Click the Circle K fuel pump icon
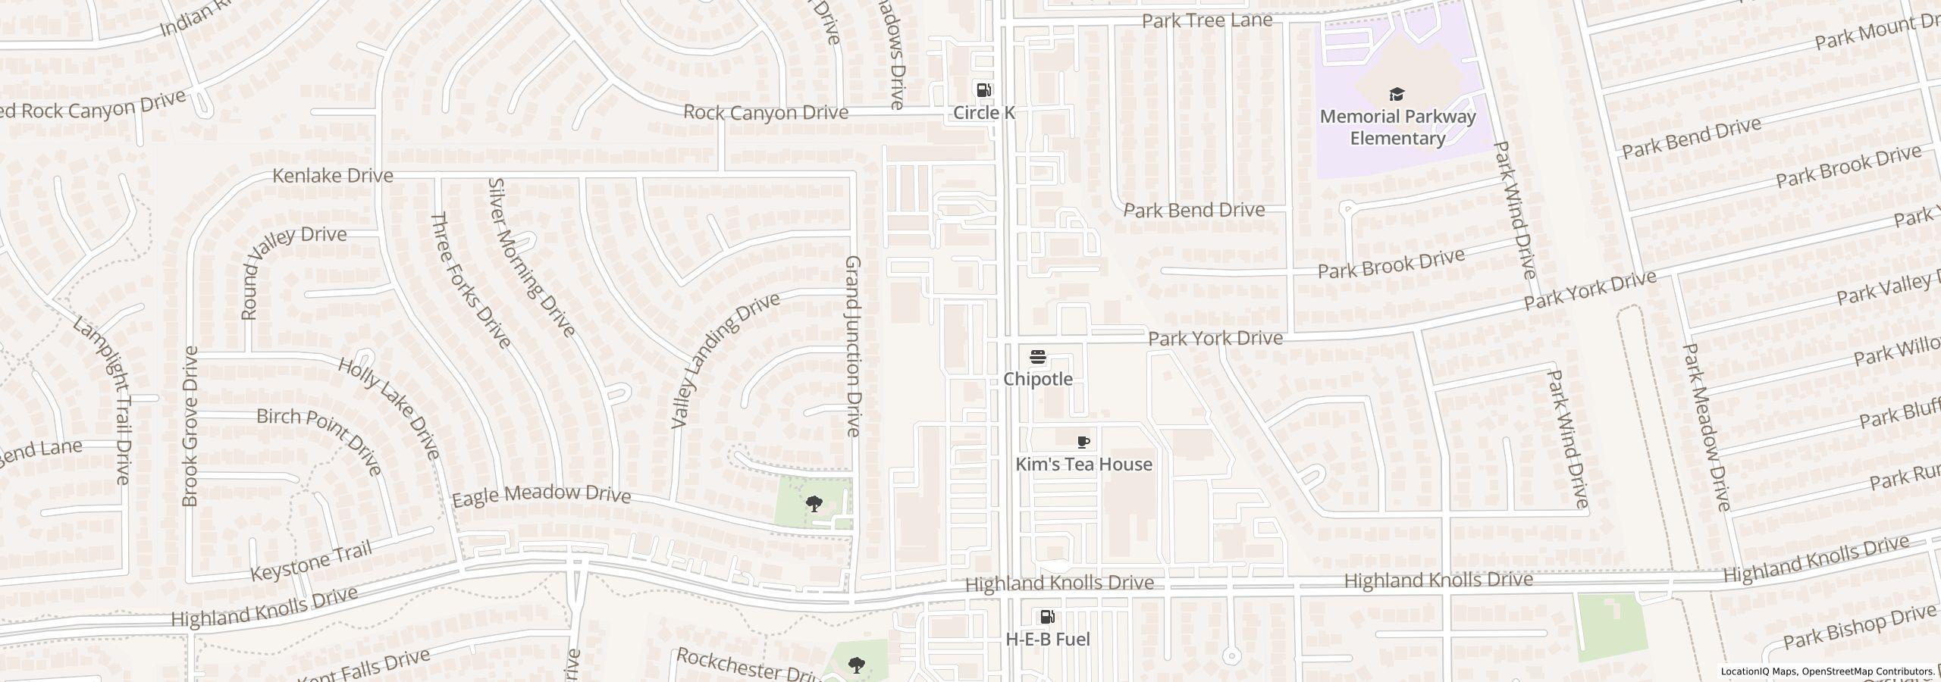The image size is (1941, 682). (983, 90)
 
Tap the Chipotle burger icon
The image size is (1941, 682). (1038, 357)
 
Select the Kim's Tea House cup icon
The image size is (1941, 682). (1083, 442)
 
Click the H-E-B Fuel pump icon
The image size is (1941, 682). (1047, 617)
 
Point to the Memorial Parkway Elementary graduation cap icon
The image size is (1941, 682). (1397, 94)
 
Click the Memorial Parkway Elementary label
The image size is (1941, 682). (1397, 127)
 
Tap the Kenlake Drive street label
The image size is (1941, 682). (332, 176)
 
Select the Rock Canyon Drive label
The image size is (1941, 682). (765, 112)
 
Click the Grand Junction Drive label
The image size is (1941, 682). (853, 346)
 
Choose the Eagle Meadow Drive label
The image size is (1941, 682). (541, 495)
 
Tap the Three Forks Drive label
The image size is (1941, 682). (470, 280)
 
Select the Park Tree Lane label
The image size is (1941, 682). (1207, 20)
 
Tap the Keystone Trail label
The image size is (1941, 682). (312, 561)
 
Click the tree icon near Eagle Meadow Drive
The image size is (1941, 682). (814, 503)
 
